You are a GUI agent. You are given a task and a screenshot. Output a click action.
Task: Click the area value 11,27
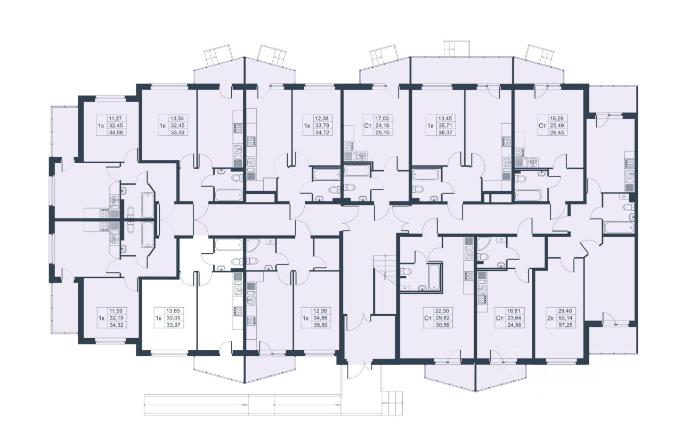pos(117,118)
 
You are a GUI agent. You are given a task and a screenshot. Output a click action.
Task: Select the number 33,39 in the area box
pos(178,133)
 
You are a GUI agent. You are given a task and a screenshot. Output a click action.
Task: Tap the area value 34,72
pos(322,133)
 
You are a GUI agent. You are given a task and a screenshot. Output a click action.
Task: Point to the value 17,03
pos(383,118)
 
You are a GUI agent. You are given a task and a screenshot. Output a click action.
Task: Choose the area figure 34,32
pos(116,325)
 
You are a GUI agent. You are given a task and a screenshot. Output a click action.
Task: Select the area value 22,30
pos(442,311)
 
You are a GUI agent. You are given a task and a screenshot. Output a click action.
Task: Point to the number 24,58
pos(514,325)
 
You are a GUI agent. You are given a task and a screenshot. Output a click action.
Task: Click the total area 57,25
pos(565,325)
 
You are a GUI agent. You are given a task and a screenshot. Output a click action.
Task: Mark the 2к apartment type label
pos(550,318)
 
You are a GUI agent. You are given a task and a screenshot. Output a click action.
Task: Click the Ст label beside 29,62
pos(428,318)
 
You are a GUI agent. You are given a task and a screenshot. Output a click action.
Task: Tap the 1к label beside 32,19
pos(102,318)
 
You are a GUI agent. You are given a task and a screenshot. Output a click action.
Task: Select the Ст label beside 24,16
pos(368,125)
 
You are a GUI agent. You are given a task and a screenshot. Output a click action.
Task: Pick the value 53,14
pos(565,318)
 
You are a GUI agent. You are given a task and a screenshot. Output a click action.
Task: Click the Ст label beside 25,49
pos(542,125)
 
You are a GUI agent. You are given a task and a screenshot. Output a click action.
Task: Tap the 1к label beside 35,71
pos(431,125)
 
